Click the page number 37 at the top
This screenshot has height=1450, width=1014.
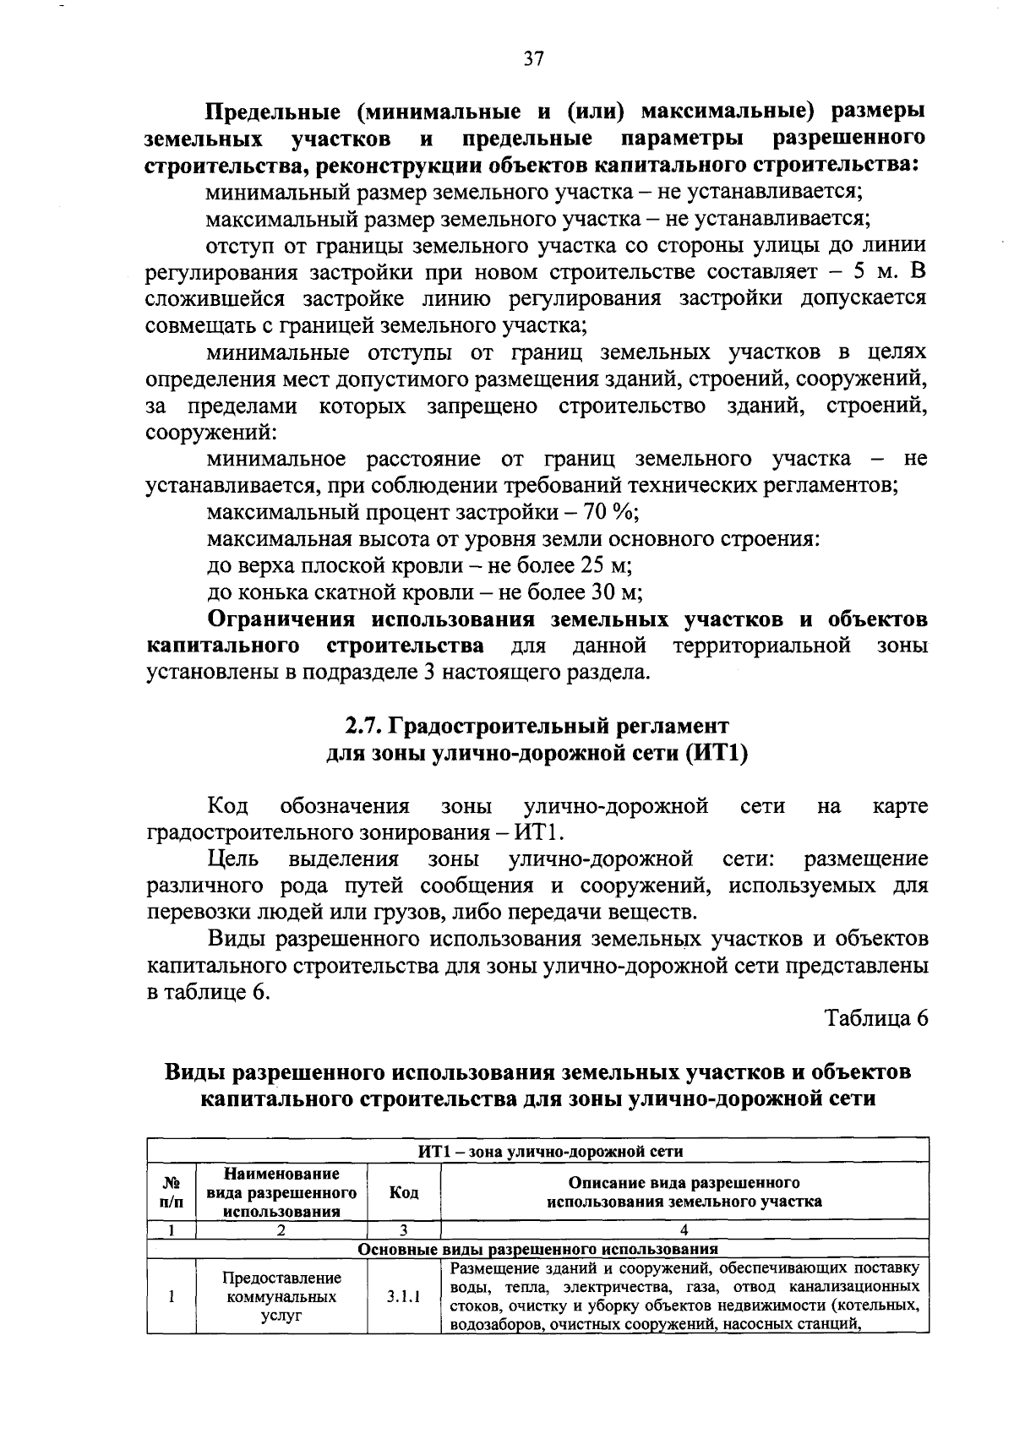pos(533,58)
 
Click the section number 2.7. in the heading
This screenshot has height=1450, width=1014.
pos(365,726)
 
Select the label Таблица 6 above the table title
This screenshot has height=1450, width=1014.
pos(876,1018)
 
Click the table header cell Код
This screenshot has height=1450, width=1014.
pos(404,1192)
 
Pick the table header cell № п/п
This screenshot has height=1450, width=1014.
pos(171,1192)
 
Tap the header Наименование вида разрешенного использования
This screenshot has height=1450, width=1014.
pos(281,1192)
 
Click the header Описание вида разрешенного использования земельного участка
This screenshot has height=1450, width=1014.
pos(684,1192)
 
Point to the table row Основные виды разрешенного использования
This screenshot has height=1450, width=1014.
pos(537,1249)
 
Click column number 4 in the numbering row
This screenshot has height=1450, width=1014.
pos(684,1230)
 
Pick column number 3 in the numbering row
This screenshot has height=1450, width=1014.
pos(404,1230)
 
